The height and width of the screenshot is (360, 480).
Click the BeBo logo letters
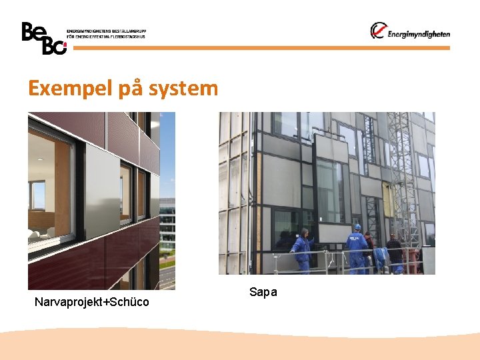pos(43,37)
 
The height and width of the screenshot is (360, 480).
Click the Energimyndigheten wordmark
pos(419,34)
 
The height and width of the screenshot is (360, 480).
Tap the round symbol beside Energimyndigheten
pos(379,31)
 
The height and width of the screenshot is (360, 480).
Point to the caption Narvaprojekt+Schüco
pos(91,303)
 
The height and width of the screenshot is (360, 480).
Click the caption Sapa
pos(263,292)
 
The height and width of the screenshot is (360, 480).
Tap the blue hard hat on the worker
pos(357,227)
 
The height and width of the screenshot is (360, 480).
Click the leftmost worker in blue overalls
pos(303,250)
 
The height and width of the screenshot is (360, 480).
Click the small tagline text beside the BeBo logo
pos(106,33)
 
